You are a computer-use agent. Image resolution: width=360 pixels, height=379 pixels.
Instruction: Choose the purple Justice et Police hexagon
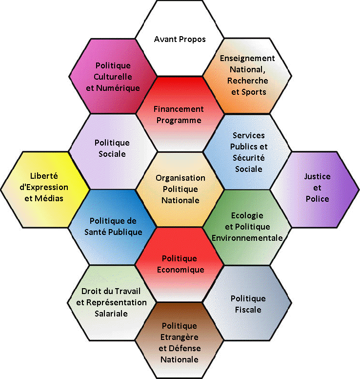[317, 188]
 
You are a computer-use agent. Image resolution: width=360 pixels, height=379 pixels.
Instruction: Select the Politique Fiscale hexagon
[248, 304]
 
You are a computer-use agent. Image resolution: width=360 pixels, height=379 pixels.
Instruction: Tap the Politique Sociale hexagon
[113, 148]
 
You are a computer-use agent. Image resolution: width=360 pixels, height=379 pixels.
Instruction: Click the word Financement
[179, 109]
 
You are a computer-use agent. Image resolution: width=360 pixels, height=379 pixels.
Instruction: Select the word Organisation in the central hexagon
[180, 178]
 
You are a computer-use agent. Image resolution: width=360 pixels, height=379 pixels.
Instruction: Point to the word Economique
[180, 270]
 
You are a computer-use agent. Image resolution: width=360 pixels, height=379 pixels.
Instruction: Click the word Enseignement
[247, 58]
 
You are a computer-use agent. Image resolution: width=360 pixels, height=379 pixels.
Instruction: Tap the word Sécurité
[248, 158]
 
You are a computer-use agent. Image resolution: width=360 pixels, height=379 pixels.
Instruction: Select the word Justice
[317, 176]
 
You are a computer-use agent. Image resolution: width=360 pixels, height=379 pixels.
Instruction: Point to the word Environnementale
[247, 238]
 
